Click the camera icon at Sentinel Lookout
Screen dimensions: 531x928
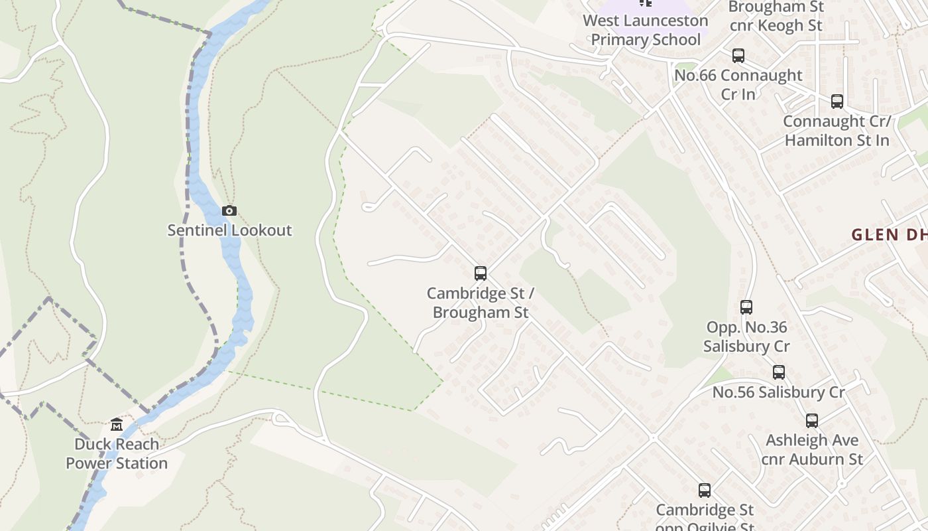pyautogui.click(x=229, y=211)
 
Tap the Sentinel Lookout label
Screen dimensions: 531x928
pyautogui.click(x=229, y=230)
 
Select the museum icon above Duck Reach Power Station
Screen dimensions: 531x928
pyautogui.click(x=117, y=425)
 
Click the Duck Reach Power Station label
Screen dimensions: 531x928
pyautogui.click(x=117, y=453)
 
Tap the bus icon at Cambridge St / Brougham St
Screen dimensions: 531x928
pyautogui.click(x=481, y=273)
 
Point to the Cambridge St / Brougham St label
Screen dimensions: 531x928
pyautogui.click(x=481, y=303)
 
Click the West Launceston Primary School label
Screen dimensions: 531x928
pyautogui.click(x=646, y=30)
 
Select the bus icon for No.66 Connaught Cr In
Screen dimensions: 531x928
pyautogui.click(x=738, y=56)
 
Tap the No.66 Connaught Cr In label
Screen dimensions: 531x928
pyautogui.click(x=738, y=84)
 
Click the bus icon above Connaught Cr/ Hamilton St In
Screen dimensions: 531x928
pyautogui.click(x=837, y=102)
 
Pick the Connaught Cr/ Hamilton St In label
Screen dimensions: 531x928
pyautogui.click(x=837, y=131)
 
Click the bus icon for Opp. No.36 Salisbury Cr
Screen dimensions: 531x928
pyautogui.click(x=746, y=307)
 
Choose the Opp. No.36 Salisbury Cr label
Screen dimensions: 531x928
pyautogui.click(x=746, y=337)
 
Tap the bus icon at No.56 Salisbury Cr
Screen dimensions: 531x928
pyautogui.click(x=779, y=372)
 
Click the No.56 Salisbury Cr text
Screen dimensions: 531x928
pyautogui.click(x=779, y=392)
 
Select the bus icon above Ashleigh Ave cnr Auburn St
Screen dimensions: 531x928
pyautogui.click(x=812, y=421)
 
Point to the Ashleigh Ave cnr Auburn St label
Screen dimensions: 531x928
pyautogui.click(x=812, y=449)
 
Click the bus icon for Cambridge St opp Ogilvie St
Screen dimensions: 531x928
pyautogui.click(x=705, y=491)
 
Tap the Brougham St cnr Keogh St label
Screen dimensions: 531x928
pyautogui.click(x=776, y=17)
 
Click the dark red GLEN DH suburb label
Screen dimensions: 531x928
pyautogui.click(x=888, y=234)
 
